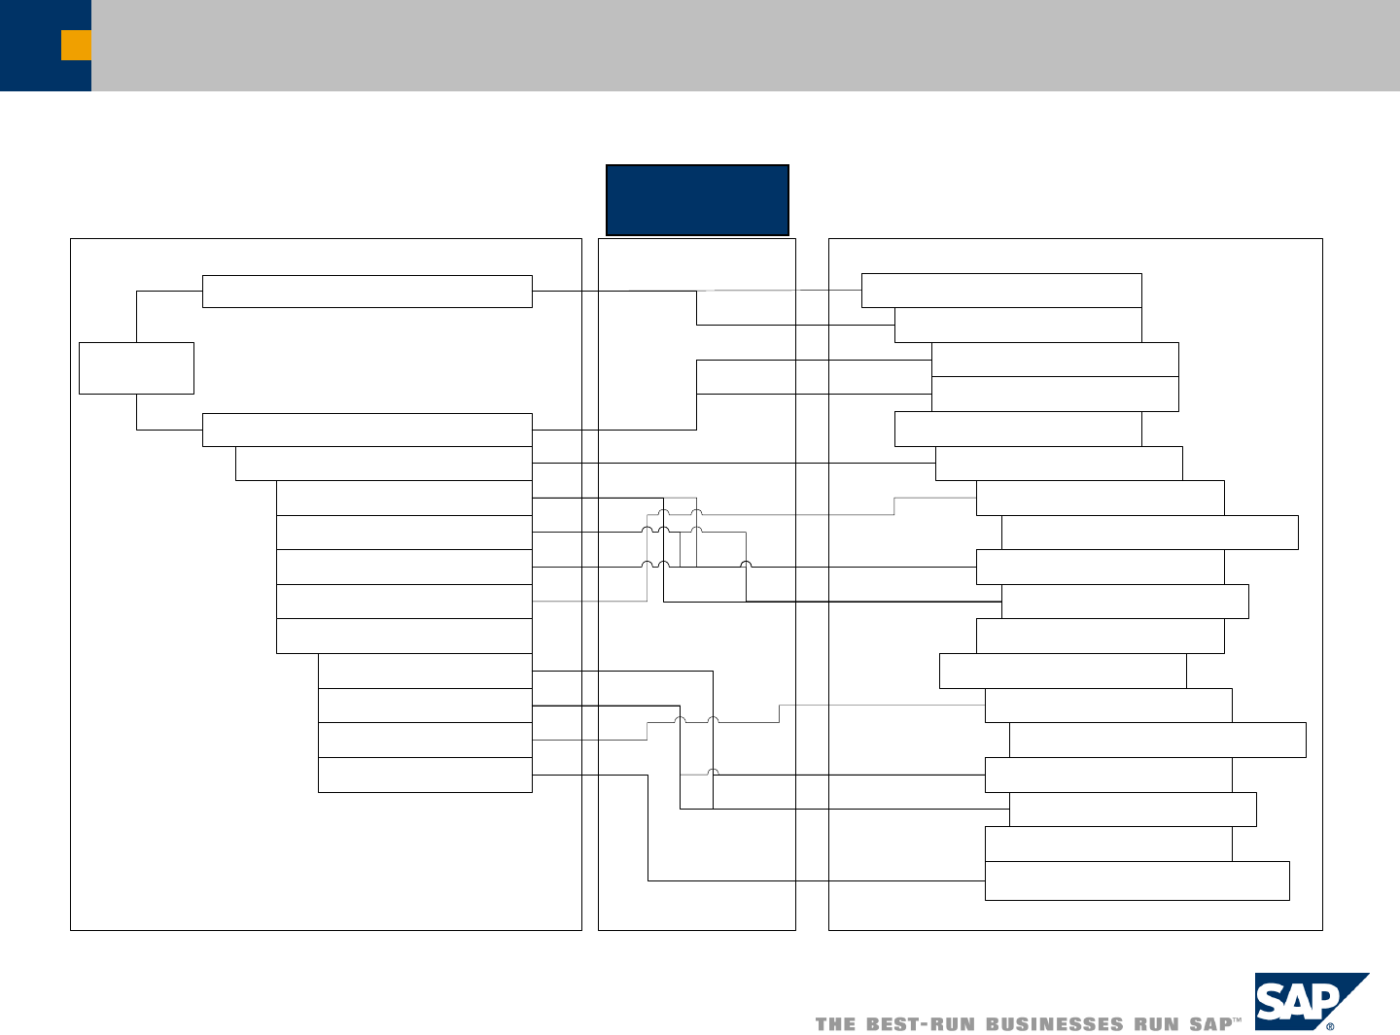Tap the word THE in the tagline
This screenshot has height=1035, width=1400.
(x=835, y=1024)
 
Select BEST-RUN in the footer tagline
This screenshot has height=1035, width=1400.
(x=920, y=1024)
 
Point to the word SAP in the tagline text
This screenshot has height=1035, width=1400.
(x=1209, y=1024)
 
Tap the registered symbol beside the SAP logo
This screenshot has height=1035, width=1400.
(x=1330, y=1025)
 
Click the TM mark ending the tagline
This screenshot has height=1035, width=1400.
(x=1238, y=1020)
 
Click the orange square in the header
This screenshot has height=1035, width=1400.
(x=76, y=45)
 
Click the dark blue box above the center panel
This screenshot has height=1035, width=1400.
(x=697, y=200)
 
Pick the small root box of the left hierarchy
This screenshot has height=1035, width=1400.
(x=136, y=367)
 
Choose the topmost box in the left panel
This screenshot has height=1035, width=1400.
(x=367, y=292)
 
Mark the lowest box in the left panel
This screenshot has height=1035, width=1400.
(x=425, y=776)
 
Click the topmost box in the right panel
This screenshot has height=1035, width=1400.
(x=1001, y=291)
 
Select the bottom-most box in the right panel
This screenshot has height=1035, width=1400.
(x=1137, y=880)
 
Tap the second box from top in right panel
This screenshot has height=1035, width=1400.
(x=1018, y=326)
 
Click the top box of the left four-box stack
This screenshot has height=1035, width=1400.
(x=425, y=671)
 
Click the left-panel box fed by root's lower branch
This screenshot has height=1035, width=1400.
(x=367, y=430)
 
